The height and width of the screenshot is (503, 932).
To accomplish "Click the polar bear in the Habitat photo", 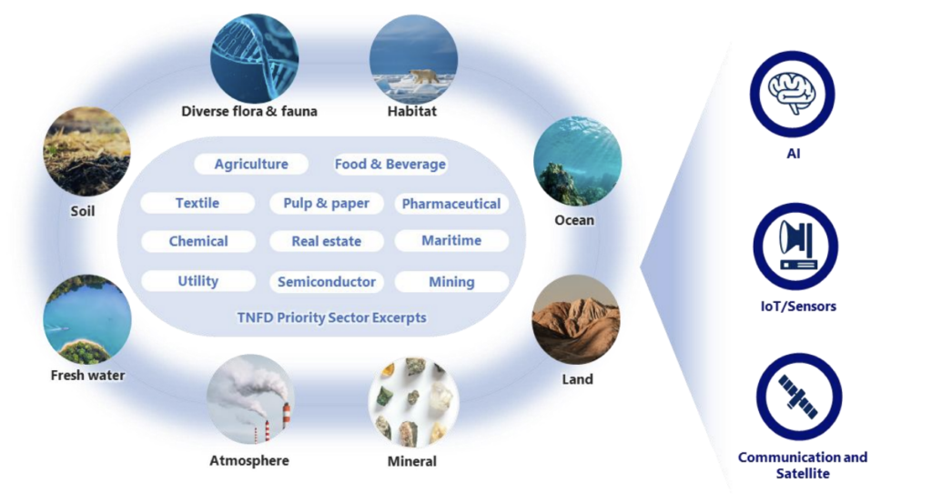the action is click(424, 76).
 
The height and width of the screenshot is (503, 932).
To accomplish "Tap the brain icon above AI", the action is click(793, 94).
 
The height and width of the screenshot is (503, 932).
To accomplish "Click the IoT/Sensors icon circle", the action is click(795, 246).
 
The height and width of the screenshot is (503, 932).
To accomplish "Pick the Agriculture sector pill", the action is click(251, 164).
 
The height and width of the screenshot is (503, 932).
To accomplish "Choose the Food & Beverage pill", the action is click(390, 164).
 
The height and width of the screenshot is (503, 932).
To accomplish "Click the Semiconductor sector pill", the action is click(327, 281).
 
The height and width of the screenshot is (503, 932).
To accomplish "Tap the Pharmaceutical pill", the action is click(451, 204).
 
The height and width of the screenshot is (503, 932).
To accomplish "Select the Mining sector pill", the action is click(451, 281).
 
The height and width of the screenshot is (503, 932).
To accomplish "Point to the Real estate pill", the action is click(327, 241).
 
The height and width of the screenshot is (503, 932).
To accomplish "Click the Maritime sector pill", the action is click(451, 240).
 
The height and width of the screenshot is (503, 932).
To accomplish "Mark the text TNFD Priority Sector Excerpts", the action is click(331, 317).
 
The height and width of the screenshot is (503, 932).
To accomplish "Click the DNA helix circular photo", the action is click(255, 59).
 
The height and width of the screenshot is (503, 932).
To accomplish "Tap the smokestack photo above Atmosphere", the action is click(251, 399).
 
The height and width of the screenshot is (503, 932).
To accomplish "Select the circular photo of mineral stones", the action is click(413, 401).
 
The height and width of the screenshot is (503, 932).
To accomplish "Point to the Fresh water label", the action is click(87, 376).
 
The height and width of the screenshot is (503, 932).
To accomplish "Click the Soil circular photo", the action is click(86, 151).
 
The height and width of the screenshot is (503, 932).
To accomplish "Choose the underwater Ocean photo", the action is click(577, 161).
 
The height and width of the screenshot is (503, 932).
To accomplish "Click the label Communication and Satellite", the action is click(803, 465).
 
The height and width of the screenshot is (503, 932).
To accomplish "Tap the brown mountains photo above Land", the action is click(576, 319).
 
